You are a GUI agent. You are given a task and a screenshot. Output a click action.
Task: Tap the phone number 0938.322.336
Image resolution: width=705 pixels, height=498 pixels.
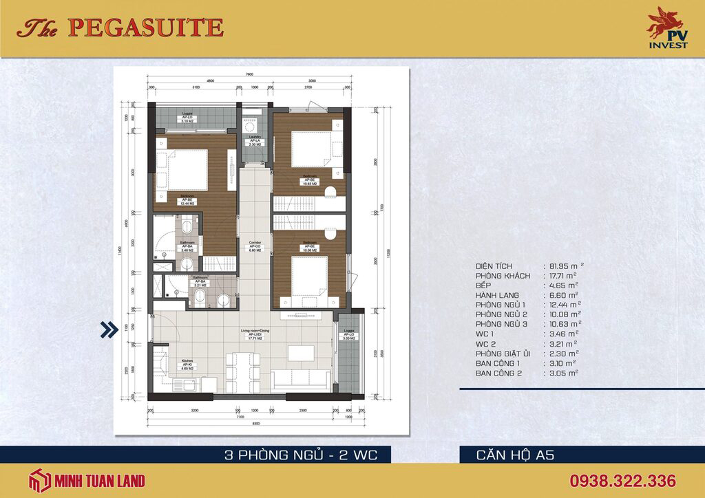pos(622,481)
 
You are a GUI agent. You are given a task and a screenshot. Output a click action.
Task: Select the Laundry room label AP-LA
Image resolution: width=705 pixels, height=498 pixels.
pos(253,141)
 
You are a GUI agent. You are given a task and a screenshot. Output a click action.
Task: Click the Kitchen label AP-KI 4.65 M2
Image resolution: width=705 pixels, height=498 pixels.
pos(187,365)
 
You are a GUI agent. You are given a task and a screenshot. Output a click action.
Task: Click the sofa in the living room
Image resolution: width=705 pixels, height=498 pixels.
pos(301,380)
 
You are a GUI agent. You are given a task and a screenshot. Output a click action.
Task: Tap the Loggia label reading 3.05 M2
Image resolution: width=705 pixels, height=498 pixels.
pos(349,335)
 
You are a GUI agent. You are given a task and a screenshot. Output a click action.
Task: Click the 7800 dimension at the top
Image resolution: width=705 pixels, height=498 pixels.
pos(249,74)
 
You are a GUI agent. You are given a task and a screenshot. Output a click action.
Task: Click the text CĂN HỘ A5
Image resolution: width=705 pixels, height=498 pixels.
pos(515,455)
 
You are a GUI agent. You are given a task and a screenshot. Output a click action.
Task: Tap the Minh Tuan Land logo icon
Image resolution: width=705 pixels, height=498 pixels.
pos(39,481)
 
